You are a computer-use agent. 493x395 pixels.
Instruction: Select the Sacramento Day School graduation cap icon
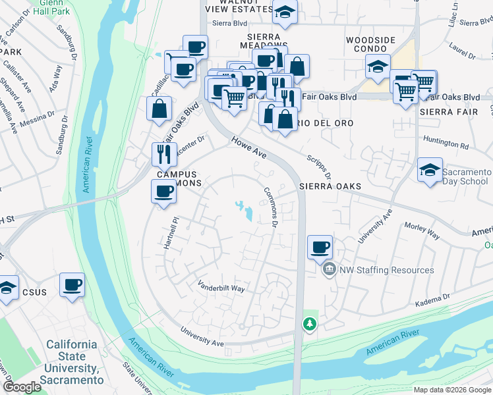430,171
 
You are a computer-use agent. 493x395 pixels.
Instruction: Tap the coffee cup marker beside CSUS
72,285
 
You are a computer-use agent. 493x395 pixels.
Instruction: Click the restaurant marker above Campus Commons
164,155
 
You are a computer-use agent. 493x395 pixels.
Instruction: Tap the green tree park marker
309,323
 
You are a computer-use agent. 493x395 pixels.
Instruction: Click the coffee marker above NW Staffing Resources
320,247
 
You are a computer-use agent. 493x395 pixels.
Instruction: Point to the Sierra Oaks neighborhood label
330,186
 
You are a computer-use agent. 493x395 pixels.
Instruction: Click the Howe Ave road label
248,147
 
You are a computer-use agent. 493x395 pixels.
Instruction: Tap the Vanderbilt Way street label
221,287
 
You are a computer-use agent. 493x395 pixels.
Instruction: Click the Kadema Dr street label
432,300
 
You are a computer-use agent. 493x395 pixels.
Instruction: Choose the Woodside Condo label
370,45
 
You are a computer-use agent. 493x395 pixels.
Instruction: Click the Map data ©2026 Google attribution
451,390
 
